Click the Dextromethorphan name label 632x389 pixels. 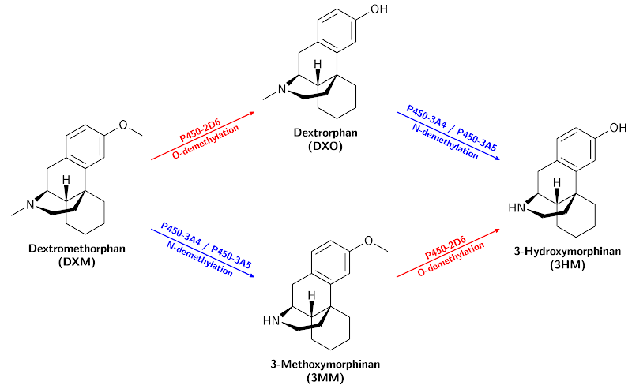[76, 249]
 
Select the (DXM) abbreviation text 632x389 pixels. [76, 263]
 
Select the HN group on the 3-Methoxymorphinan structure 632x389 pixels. [271, 320]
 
